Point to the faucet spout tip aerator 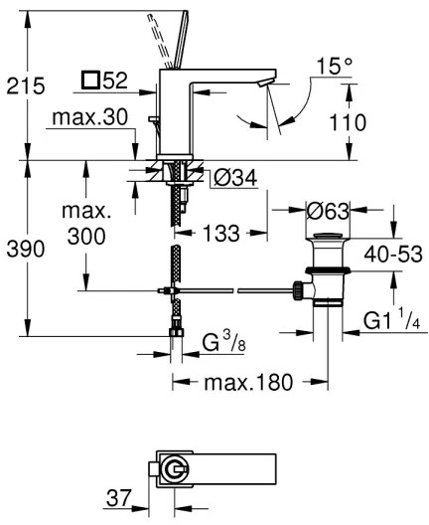click(x=264, y=89)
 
